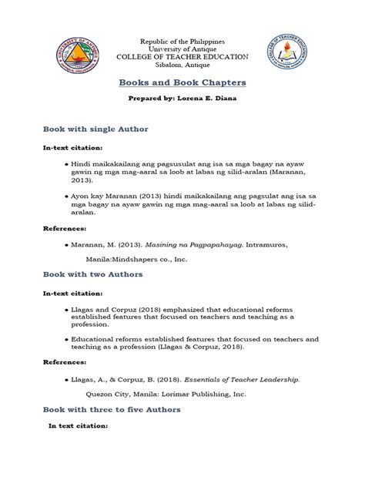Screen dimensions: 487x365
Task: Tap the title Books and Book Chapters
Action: [182, 83]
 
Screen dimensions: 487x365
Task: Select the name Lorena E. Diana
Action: [206, 101]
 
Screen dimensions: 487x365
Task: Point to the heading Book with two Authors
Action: [93, 274]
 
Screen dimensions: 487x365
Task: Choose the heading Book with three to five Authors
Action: [112, 409]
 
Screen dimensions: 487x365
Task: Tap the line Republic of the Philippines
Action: [182, 39]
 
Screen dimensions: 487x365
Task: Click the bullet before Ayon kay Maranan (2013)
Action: [66, 196]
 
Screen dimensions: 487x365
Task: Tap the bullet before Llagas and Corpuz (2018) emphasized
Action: [66, 307]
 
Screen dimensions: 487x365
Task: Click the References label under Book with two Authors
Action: [65, 364]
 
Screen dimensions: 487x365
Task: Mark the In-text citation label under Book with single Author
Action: [72, 146]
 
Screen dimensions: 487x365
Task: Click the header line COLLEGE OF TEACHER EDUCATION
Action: [182, 57]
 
